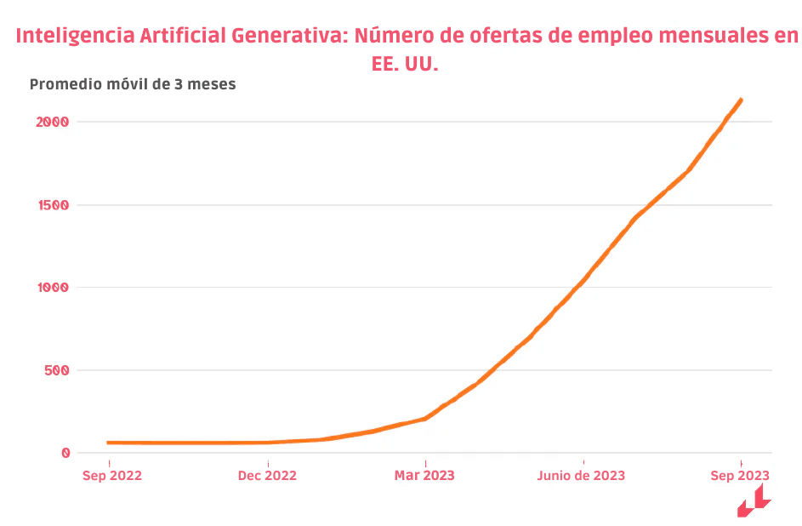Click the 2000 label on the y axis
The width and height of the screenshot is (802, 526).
pos(52,122)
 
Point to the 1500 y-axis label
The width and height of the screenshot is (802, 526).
pos(52,205)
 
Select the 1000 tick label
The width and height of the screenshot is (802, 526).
pos(52,288)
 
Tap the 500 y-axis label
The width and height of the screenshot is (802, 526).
pos(55,370)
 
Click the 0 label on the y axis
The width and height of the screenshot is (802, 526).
pos(65,453)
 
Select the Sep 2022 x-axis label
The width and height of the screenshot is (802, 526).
pos(111,475)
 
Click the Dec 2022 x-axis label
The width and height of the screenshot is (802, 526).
pos(267,475)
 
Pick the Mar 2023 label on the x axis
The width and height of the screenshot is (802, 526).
pos(424,475)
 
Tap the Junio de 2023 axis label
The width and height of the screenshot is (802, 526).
pos(581,475)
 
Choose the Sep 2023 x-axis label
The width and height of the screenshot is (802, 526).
pos(740,475)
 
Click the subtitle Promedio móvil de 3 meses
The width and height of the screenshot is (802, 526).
pos(133,84)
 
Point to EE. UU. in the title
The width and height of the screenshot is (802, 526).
pos(405,65)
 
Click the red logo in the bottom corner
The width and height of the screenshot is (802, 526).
pos(754,501)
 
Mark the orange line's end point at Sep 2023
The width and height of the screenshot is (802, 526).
pos(741,100)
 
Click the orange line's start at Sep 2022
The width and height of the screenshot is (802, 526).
pos(109,443)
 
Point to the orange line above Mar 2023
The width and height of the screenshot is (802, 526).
pos(424,419)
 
